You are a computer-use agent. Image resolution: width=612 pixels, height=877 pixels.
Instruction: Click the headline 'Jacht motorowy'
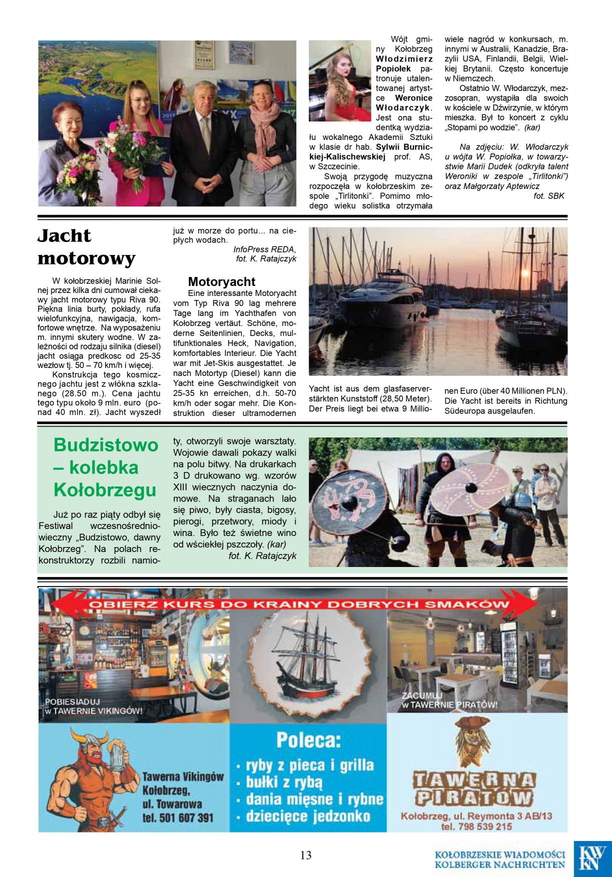87,247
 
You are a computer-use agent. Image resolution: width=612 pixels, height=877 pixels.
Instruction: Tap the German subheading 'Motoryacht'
222,282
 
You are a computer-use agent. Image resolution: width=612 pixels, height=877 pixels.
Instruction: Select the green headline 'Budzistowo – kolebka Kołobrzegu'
106,467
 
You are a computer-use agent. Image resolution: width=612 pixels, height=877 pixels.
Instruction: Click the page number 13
306,855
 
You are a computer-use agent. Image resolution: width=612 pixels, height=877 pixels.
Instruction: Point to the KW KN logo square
592,858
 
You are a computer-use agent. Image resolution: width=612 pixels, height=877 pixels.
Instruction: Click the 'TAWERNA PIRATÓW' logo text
474,788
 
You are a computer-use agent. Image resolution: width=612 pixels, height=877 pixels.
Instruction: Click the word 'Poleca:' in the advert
308,739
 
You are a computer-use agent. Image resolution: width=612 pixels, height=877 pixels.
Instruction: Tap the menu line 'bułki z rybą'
284,782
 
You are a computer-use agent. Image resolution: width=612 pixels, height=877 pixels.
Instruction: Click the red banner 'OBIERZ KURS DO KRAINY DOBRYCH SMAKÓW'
298,604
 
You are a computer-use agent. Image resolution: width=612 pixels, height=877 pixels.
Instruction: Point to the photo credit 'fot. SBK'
548,196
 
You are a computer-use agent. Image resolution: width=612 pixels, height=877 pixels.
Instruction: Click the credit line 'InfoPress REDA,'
264,249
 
